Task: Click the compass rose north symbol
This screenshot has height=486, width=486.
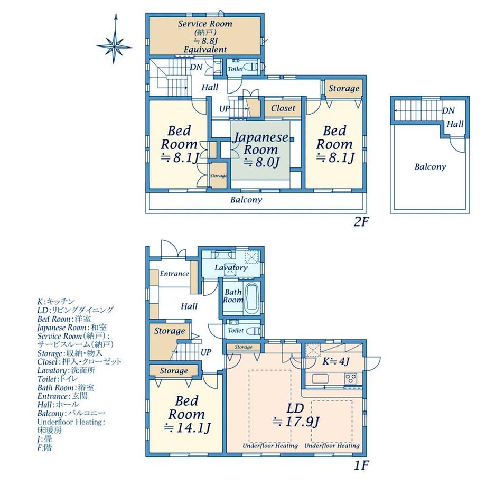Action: tap(115, 39)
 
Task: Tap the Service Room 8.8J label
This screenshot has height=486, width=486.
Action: tap(205, 36)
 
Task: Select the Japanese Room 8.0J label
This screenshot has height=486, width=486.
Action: tap(260, 149)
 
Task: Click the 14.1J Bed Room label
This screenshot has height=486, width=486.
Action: tap(186, 414)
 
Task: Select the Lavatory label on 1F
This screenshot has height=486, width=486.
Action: tap(231, 267)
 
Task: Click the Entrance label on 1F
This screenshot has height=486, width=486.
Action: tap(174, 274)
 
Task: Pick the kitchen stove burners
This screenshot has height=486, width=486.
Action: tap(351, 378)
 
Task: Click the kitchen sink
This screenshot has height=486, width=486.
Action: tap(320, 379)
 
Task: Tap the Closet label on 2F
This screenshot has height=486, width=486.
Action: tap(283, 108)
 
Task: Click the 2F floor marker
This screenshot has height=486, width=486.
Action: tap(360, 222)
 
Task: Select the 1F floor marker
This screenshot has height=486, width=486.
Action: tap(361, 465)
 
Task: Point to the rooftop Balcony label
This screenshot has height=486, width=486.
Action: tap(430, 167)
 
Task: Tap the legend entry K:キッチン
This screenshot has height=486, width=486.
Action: tap(56, 302)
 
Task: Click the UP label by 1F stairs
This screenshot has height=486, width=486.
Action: tap(206, 352)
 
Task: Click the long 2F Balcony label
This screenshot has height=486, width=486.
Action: tap(246, 200)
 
